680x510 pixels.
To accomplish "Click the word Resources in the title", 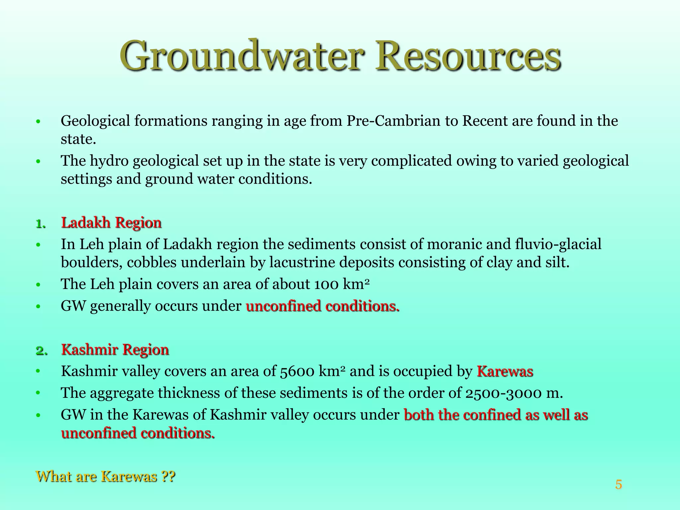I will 468,56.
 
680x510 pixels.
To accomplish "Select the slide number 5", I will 618,484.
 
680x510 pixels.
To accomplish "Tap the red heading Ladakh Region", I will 111,222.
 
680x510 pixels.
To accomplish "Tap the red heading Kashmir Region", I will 115,350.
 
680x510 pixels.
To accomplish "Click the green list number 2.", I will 41,351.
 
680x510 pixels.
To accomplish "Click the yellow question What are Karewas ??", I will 105,476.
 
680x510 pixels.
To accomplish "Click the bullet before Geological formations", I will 39,122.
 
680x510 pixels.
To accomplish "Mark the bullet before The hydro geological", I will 39,162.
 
